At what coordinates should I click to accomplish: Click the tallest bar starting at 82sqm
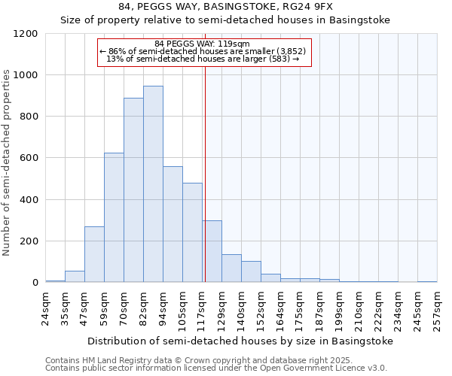[153, 184]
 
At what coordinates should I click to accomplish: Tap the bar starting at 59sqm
[114, 218]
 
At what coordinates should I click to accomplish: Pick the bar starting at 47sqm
[94, 254]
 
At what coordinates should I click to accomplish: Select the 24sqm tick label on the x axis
[46, 308]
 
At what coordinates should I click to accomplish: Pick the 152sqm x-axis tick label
[261, 308]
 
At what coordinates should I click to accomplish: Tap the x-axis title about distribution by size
[240, 341]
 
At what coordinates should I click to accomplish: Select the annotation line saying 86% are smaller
[203, 51]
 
